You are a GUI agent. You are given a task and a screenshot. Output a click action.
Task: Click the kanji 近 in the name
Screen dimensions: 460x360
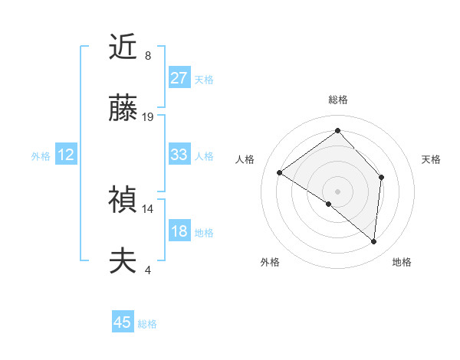pos(123,48)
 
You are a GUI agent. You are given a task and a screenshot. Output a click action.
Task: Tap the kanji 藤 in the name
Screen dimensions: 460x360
pos(123,110)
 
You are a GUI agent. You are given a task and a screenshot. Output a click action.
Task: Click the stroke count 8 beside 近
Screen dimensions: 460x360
pos(148,56)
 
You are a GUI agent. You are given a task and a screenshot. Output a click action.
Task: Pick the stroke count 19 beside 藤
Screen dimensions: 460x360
pos(148,117)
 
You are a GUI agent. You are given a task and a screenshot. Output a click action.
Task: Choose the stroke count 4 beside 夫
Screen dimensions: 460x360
pos(148,270)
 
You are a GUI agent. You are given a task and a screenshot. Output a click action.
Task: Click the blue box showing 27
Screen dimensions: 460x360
pos(179,78)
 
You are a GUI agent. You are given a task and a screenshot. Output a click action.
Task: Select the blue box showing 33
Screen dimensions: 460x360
pos(179,155)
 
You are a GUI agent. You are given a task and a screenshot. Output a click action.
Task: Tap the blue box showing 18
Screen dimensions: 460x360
pos(179,231)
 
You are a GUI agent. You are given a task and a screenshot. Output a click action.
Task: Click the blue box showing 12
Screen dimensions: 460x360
pos(66,155)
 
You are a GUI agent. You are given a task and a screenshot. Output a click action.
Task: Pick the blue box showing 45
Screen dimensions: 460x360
pos(123,322)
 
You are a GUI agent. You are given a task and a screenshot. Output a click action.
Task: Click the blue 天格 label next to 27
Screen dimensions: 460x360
pos(204,79)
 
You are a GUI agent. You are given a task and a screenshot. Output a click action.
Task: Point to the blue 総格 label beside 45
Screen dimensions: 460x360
pos(147,324)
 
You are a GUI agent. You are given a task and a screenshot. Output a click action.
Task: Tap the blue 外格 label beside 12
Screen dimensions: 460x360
pos(41,156)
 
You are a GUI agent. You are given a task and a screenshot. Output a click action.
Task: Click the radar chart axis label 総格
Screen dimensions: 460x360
pos(338,100)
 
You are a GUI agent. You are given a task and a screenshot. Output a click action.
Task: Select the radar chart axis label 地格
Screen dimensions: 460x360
pos(402,262)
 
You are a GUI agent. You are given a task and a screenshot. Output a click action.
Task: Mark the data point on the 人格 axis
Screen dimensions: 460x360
pos(280,172)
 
